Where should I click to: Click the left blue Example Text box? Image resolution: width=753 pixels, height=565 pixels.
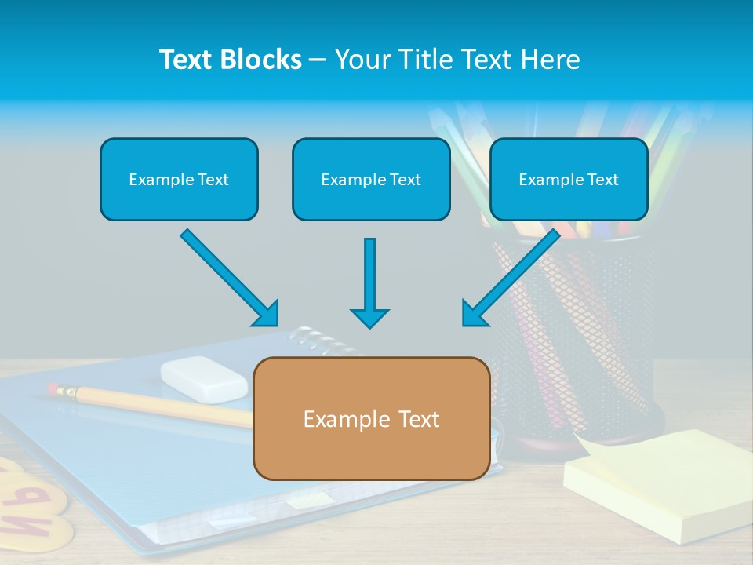click(x=179, y=179)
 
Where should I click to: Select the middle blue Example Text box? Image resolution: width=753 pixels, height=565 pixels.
click(x=371, y=179)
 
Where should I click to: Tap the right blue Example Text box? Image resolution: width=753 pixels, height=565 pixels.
click(x=569, y=179)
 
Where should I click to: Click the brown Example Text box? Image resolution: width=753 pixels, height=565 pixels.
click(x=371, y=418)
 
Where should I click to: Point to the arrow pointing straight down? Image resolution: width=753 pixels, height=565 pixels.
click(x=369, y=282)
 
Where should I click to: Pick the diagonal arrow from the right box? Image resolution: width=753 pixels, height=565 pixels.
click(x=511, y=278)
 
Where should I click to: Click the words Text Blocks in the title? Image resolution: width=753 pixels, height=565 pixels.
click(x=230, y=60)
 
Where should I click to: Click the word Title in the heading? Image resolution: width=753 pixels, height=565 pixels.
click(x=424, y=60)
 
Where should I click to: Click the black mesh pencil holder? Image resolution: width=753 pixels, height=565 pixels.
click(x=580, y=330)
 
